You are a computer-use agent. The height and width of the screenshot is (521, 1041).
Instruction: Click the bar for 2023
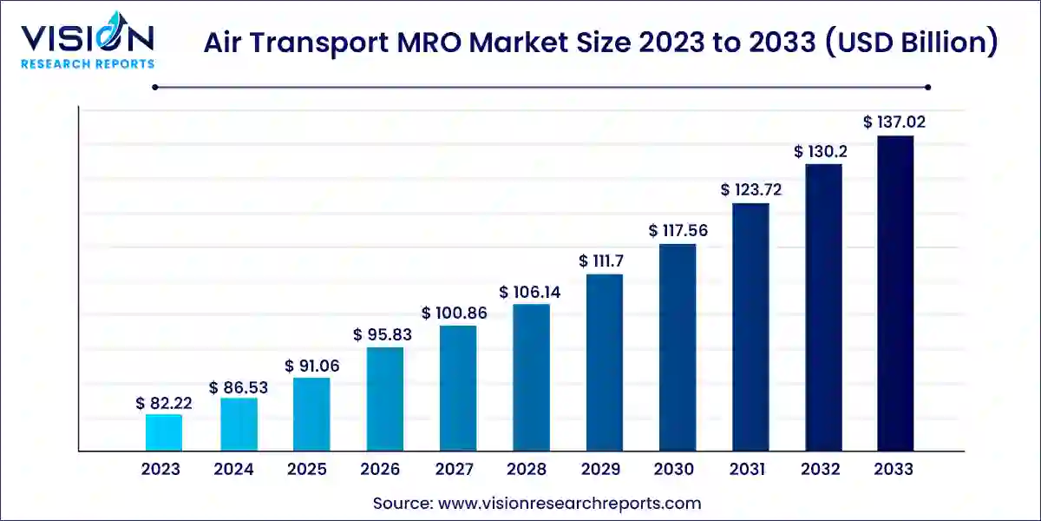click(x=163, y=432)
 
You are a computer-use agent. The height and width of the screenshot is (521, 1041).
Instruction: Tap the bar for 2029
click(x=604, y=362)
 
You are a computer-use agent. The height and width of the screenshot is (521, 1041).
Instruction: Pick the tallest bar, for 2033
click(x=894, y=293)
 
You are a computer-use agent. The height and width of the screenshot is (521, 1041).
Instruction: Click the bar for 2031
click(x=750, y=326)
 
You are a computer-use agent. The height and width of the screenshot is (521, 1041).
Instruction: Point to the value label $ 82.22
click(x=164, y=403)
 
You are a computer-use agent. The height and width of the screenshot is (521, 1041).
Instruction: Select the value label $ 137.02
click(x=894, y=122)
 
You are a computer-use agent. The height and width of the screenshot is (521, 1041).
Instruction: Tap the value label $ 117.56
click(x=677, y=231)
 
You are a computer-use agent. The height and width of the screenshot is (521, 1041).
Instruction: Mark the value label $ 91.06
click(x=311, y=366)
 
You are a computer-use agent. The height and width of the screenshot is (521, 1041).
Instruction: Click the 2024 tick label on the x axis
click(x=233, y=470)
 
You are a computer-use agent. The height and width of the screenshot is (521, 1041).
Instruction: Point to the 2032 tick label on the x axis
click(x=821, y=470)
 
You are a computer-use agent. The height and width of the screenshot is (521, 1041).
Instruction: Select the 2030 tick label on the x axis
click(x=674, y=470)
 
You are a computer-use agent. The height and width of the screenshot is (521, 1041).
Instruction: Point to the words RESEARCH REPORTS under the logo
click(x=87, y=63)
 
